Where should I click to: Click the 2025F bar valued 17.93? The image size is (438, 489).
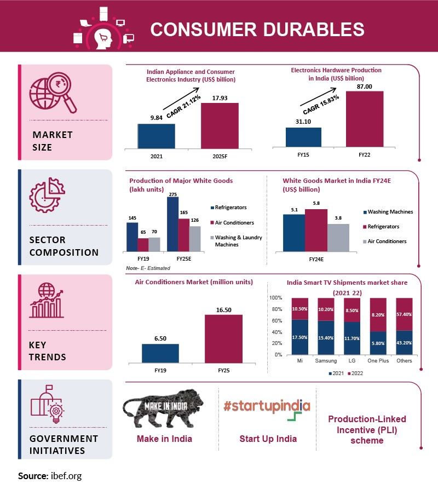point(220,125)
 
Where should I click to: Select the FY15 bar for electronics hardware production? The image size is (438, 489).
point(303,137)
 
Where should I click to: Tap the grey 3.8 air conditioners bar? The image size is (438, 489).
point(338,237)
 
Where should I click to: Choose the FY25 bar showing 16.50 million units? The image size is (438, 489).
point(223,338)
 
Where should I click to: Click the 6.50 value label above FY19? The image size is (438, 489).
point(160,339)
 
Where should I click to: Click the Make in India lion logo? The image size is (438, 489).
point(163,410)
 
